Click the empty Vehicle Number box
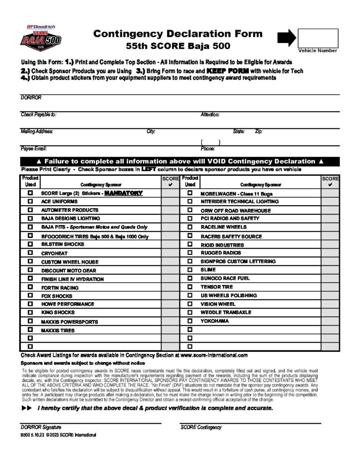[318, 38]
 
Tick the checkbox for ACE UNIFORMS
[30, 201]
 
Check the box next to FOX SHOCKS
[30, 296]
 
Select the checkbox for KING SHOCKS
[30, 313]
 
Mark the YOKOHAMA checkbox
[190, 321]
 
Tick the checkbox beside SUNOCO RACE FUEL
[190, 278]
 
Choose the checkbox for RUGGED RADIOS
[190, 253]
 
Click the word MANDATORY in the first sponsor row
[123, 193]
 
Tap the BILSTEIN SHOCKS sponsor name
[63, 244]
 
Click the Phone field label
[208, 149]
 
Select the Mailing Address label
[37, 132]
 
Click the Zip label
[259, 132]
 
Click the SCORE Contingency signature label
[201, 427]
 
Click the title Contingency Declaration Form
[178, 34]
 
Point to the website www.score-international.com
[214, 355]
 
